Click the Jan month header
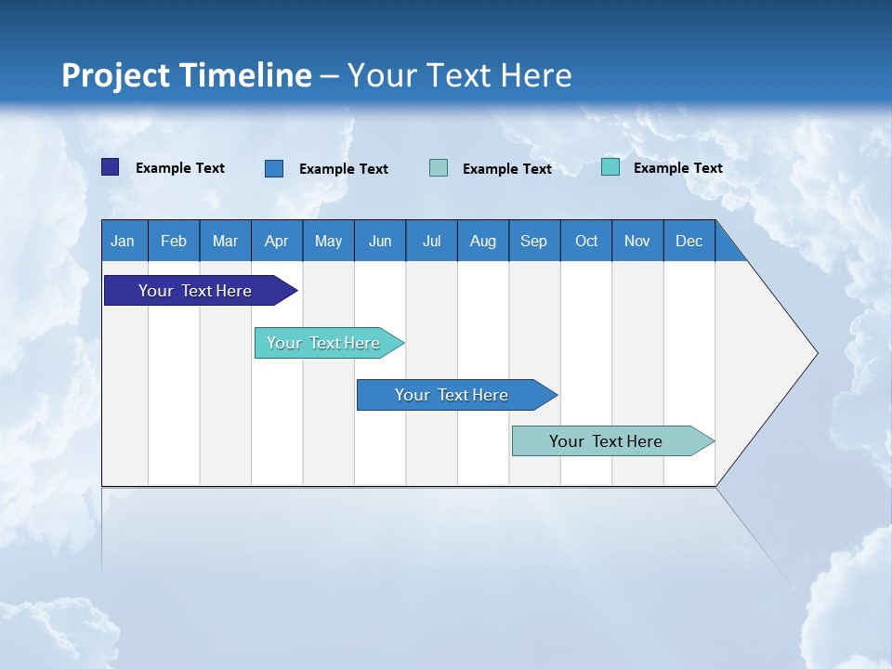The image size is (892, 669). coord(123,241)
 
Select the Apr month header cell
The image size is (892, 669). coord(276,241)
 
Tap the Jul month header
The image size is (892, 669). coord(431,241)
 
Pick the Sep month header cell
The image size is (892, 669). coord(533,241)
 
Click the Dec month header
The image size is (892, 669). coord(689,241)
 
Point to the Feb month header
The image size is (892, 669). coord(174,241)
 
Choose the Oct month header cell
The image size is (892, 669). coord(586,241)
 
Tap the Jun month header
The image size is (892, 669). coord(380,241)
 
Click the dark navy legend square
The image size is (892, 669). coord(111,167)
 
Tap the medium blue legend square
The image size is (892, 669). coord(274,168)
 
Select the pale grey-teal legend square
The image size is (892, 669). coord(439,168)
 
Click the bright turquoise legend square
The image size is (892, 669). coord(610,167)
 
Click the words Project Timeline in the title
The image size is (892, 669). coord(186,75)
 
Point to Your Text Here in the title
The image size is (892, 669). coord(459,75)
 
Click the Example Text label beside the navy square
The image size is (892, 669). coord(180,168)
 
